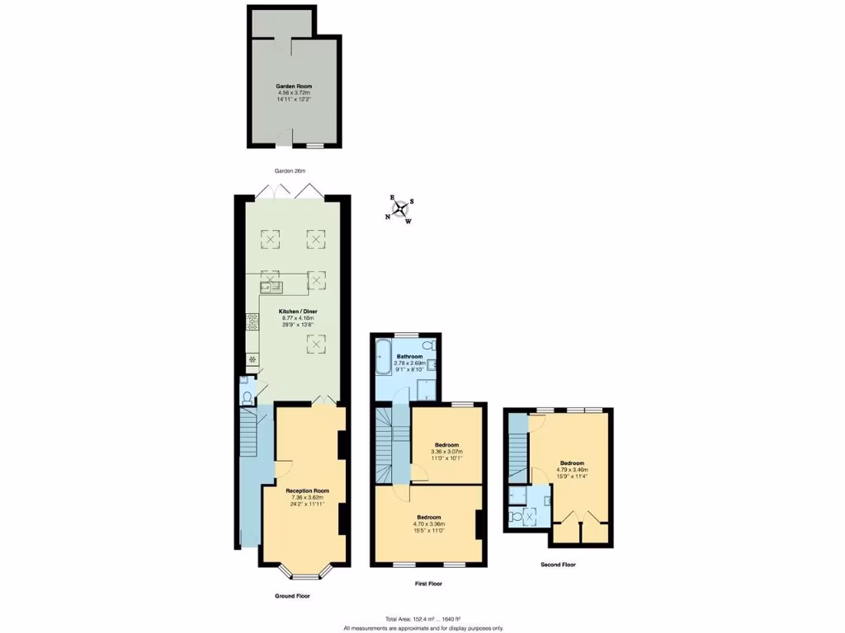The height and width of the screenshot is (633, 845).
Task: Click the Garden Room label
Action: (x=294, y=86)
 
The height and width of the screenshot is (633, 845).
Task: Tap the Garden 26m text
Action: (x=290, y=171)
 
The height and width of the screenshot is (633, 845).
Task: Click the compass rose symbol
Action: (x=401, y=209)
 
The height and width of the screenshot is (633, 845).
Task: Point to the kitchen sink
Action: (x=271, y=287)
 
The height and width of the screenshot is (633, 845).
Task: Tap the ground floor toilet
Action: (x=247, y=396)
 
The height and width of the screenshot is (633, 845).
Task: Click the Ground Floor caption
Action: (x=293, y=595)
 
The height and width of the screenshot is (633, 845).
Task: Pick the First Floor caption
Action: (x=428, y=584)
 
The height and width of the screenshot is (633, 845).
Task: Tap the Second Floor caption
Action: (x=558, y=565)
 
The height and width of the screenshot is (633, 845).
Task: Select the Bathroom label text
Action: (x=409, y=356)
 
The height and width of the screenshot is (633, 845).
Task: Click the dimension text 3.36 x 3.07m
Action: (x=446, y=452)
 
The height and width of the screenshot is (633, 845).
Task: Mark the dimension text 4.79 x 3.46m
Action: (x=573, y=470)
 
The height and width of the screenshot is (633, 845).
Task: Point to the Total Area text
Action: (x=422, y=619)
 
